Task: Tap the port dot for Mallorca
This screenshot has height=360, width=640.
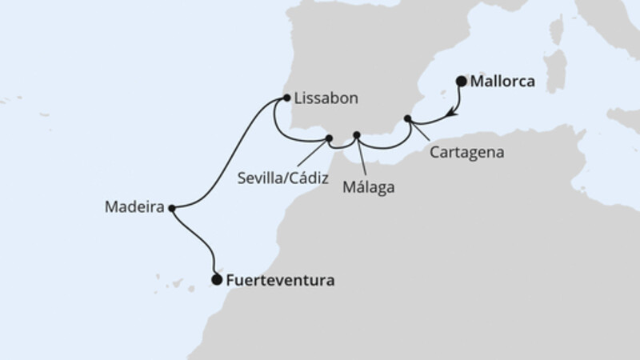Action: (461, 80)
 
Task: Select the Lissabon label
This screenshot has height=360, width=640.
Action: (326, 98)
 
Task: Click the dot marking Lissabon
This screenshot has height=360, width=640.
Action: (287, 98)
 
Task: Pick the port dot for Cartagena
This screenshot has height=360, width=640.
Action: (408, 119)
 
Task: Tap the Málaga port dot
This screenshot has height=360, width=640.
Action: (357, 135)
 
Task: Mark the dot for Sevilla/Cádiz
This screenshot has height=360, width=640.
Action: (328, 139)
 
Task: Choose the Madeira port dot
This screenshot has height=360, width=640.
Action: (171, 207)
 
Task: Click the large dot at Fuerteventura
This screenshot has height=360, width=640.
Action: (216, 279)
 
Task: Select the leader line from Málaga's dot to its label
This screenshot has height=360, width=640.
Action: (362, 155)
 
